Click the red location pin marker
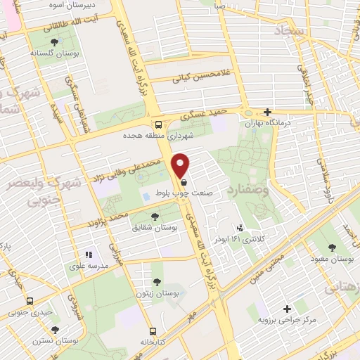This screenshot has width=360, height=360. [x=181, y=165]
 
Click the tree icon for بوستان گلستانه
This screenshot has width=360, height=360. [x=54, y=42]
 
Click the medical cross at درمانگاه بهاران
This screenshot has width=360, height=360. [x=267, y=112]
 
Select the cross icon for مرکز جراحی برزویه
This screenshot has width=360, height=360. [x=287, y=308]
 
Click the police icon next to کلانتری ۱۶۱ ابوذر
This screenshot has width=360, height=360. [x=240, y=228]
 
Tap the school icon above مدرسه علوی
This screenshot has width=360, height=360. [x=89, y=255]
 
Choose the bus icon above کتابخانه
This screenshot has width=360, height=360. [x=152, y=331]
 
